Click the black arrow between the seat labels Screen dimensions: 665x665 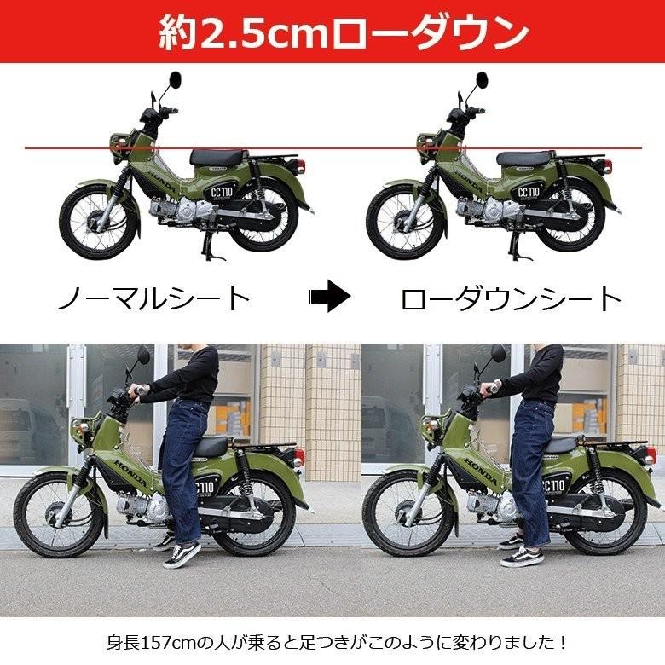point(330,296)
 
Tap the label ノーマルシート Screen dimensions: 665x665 point(153,298)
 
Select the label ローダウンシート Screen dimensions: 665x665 point(511,298)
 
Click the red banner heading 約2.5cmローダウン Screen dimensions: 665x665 point(343,32)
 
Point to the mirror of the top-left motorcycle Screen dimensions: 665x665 point(175,79)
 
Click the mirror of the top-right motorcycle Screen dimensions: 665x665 point(482,79)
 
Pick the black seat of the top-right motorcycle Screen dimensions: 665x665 point(523,159)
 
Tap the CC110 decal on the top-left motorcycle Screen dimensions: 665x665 point(222,193)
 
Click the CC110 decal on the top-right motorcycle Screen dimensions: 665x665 point(529,193)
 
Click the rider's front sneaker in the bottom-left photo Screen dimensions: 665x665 point(182,554)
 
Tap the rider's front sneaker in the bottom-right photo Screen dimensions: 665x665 point(522,556)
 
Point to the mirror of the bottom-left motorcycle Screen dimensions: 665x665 point(143,354)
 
